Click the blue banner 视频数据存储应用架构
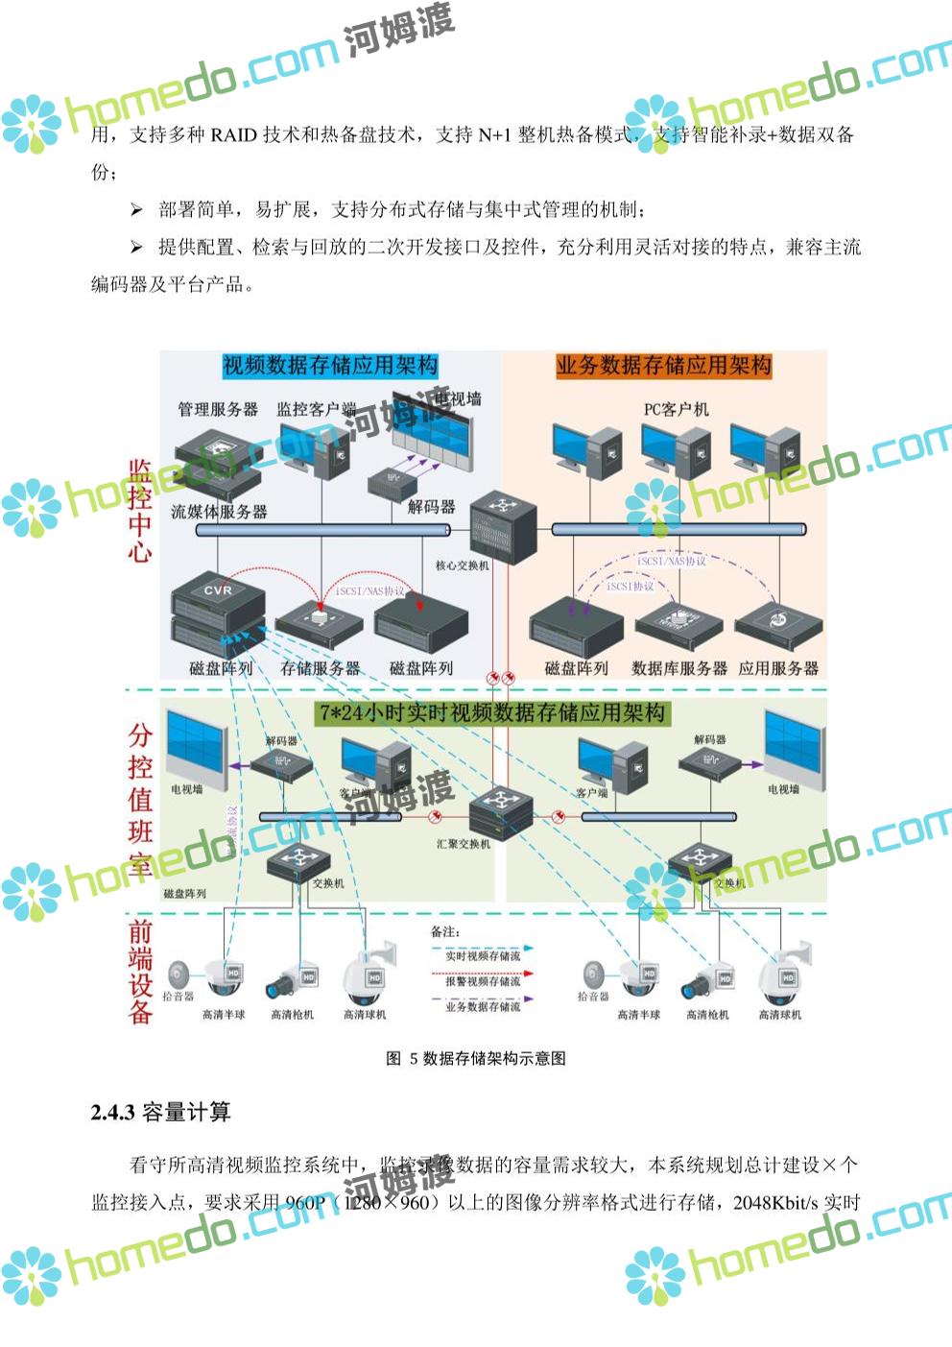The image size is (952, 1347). point(330,366)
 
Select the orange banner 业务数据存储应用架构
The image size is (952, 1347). point(663,366)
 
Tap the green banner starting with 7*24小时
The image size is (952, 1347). point(492,713)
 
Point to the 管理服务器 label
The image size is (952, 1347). point(218,409)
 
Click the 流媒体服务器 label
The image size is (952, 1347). point(219,512)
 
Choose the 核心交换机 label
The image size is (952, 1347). point(462,565)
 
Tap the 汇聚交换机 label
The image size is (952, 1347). point(463,844)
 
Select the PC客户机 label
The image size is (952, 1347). point(676,409)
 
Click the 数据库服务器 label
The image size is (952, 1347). point(678,668)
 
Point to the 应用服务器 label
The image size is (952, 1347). point(778,668)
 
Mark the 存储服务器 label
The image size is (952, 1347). point(320,668)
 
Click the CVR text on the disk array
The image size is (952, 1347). point(218,590)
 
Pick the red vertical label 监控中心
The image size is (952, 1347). point(140,511)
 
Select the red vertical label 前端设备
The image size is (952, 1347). point(140,972)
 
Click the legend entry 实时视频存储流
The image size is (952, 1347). point(483,956)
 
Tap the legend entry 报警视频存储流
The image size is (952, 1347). point(483,981)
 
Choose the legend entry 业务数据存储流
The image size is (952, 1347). point(483,1007)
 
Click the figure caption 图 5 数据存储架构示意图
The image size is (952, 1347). point(475,1058)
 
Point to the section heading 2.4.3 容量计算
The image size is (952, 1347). point(161,1113)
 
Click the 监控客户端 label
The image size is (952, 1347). point(316,409)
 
